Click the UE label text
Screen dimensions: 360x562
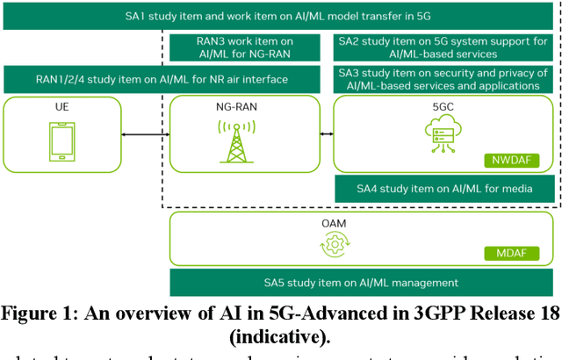[x=61, y=107]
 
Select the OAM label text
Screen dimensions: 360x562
[x=334, y=224]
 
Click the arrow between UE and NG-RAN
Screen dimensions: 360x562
[x=145, y=134]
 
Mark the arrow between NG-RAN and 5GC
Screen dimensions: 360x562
[x=327, y=134]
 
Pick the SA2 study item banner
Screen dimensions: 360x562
[x=446, y=49]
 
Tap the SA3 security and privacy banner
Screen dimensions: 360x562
[x=446, y=80]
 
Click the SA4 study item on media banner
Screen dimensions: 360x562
[x=446, y=188]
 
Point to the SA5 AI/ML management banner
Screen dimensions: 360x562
[x=361, y=283]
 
